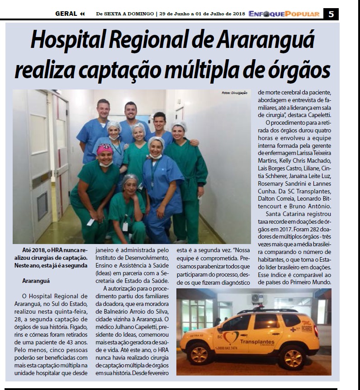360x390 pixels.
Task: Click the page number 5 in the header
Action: tap(331, 14)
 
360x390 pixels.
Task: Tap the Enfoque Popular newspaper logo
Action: tap(284, 14)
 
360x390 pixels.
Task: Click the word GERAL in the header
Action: tap(66, 14)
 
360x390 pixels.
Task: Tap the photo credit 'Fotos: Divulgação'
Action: tap(234, 93)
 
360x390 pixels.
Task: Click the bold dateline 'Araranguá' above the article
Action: tap(36, 281)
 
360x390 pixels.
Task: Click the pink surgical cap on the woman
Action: tap(104, 149)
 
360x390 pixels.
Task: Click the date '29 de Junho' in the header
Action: tap(175, 14)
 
